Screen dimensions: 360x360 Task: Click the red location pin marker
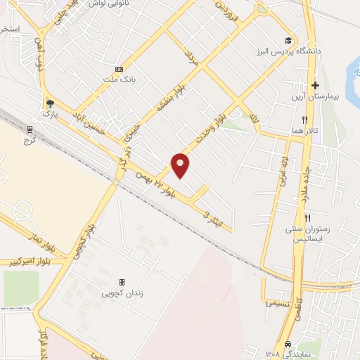181,165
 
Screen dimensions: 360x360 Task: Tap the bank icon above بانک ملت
119,69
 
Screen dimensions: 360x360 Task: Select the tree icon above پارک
49,102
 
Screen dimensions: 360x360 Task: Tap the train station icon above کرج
30,129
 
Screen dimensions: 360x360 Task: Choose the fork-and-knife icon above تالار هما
304,120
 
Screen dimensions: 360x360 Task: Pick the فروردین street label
222,11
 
